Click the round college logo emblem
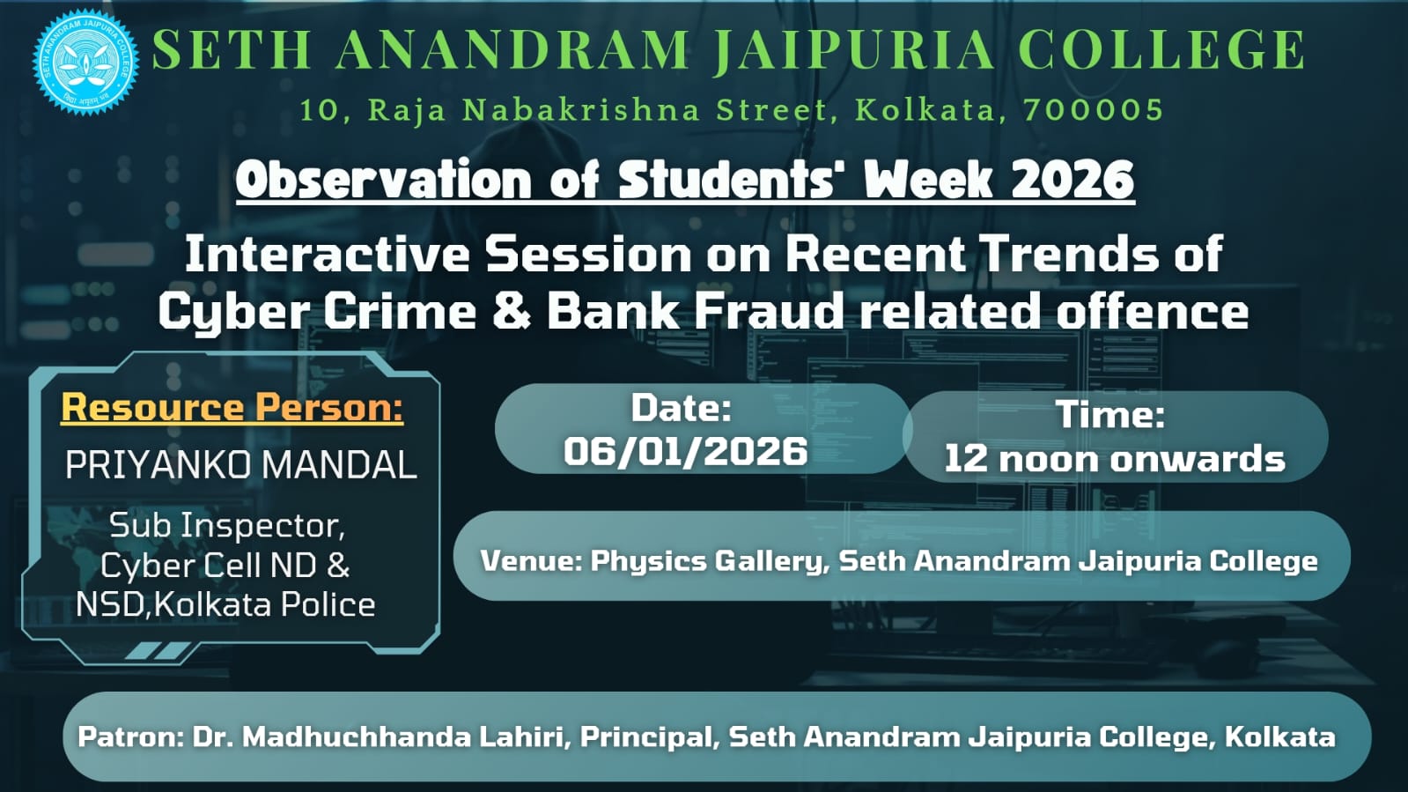85,62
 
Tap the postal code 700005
1094,110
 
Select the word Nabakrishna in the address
581,110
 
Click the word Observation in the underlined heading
384,180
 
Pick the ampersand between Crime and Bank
512,311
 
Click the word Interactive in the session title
327,254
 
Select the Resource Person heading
232,407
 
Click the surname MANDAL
338,465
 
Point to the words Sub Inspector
227,525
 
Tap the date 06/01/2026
685,451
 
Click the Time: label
1110,415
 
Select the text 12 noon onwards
1115,459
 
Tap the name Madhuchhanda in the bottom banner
357,736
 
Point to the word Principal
649,737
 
